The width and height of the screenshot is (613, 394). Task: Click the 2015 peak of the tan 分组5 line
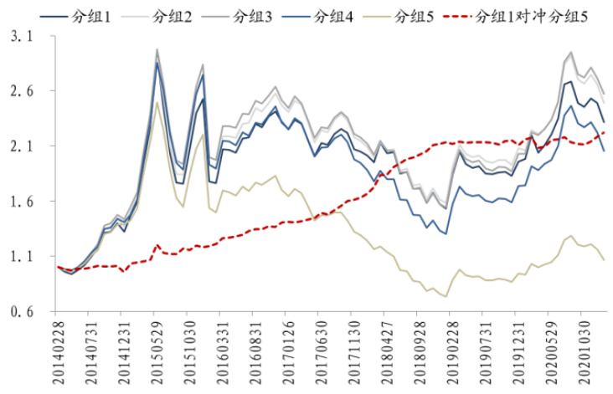(x=157, y=103)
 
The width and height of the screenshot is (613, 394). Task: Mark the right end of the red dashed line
(x=605, y=132)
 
